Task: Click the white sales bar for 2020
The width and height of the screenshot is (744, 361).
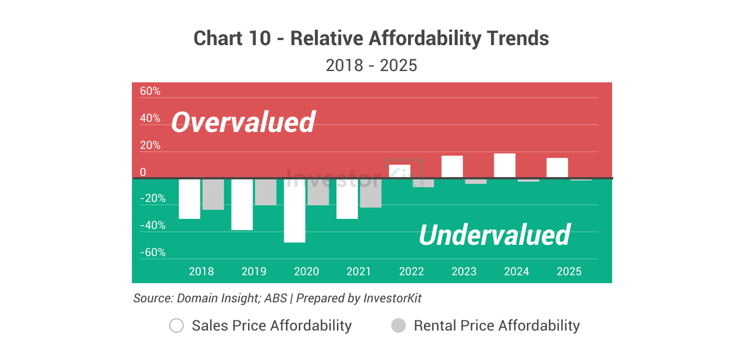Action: tap(295, 210)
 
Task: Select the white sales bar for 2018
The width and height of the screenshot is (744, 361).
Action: tap(189, 199)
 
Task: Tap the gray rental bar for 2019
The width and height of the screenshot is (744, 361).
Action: tap(265, 192)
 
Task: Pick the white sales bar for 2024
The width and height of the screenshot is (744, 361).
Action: tap(505, 165)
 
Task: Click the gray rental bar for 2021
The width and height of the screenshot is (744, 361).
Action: tap(371, 193)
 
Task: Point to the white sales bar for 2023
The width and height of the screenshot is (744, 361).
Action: tap(452, 166)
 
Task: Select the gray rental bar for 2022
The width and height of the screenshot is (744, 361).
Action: tap(423, 183)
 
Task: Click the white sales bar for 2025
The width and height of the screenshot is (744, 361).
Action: tap(557, 168)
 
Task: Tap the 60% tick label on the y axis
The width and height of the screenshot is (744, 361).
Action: tap(150, 91)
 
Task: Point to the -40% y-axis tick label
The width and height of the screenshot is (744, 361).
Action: tap(153, 226)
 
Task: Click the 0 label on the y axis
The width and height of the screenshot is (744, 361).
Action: tap(143, 172)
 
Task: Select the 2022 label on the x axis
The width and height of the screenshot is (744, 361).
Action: tap(411, 271)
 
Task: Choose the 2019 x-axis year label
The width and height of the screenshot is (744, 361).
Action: tap(254, 271)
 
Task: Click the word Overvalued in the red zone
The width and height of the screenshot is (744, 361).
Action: tap(243, 122)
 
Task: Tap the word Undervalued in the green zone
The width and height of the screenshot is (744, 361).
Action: tap(494, 235)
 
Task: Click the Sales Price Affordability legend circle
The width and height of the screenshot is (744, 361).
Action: tap(176, 325)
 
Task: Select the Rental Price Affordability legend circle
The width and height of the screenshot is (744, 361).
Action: tap(398, 325)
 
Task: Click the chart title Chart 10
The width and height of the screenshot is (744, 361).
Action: tap(236, 38)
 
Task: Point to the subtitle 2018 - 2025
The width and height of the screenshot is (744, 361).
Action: tap(371, 65)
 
